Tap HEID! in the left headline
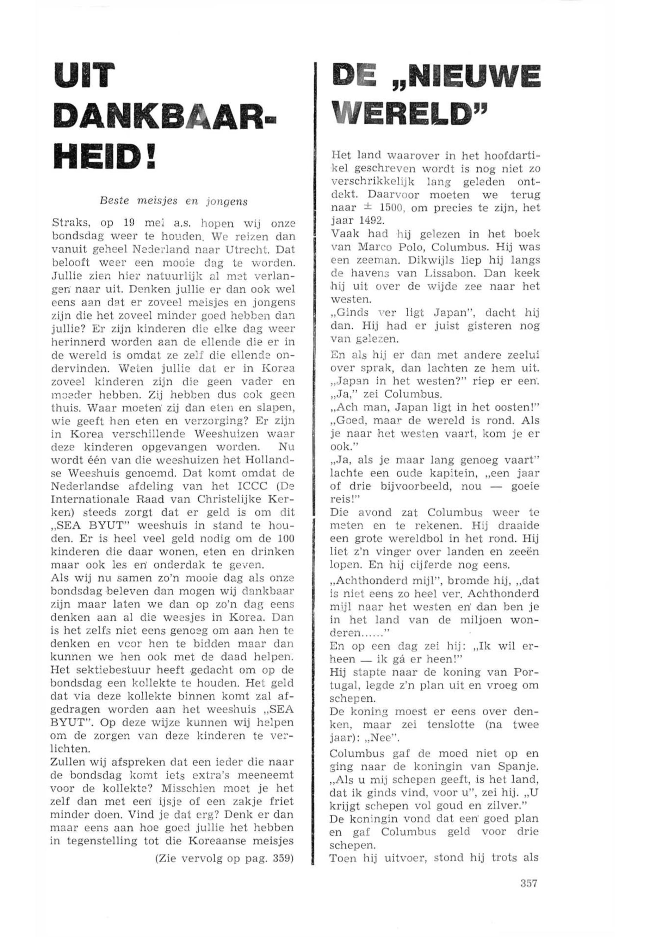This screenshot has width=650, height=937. click(107, 156)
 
